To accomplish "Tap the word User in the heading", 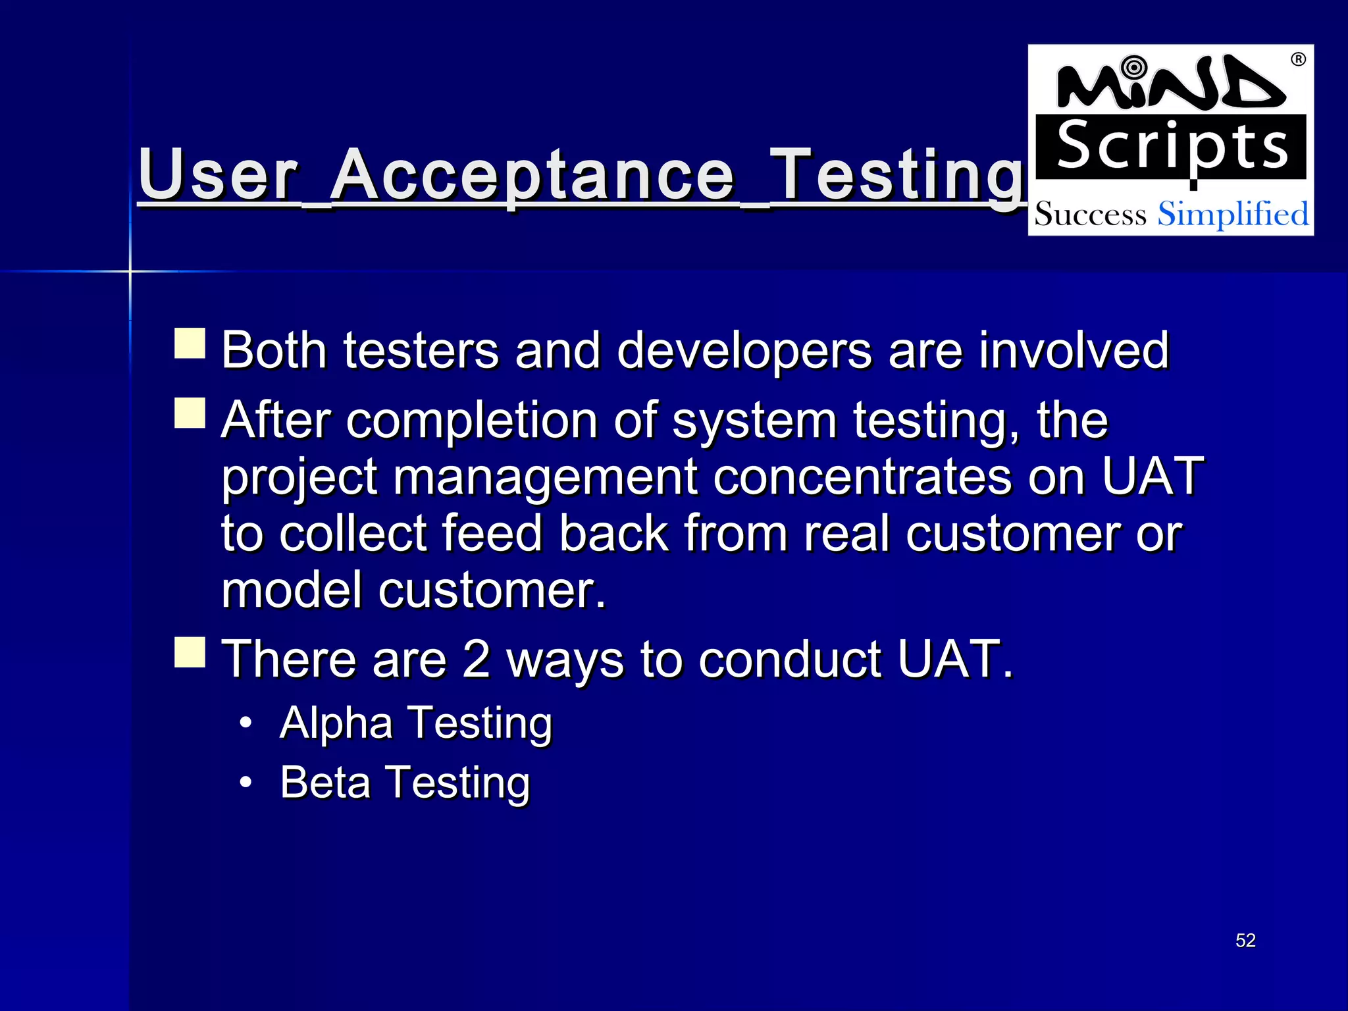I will pyautogui.click(x=218, y=175).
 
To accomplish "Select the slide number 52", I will pyautogui.click(x=1245, y=940).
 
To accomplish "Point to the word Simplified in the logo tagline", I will pyautogui.click(x=1233, y=215).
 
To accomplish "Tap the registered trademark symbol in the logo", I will pyautogui.click(x=1297, y=60).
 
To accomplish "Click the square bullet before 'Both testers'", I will pyautogui.click(x=190, y=344).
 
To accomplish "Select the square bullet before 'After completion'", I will pyautogui.click(x=190, y=413).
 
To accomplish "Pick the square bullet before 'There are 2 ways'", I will pyautogui.click(x=190, y=652).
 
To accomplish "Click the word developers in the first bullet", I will pyautogui.click(x=744, y=351).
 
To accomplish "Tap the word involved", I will pyautogui.click(x=1074, y=351).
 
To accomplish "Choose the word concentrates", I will pyautogui.click(x=862, y=477).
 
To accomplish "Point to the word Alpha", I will pyautogui.click(x=336, y=723).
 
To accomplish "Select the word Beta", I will pyautogui.click(x=325, y=783).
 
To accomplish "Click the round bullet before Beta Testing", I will pyautogui.click(x=246, y=783).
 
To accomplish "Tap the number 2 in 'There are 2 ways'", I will pyautogui.click(x=475, y=659).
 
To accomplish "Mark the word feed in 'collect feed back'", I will pyautogui.click(x=491, y=533).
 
